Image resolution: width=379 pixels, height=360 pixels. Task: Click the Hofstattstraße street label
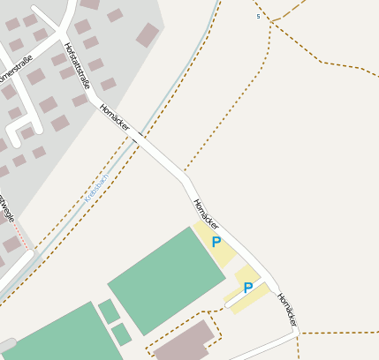(77, 65)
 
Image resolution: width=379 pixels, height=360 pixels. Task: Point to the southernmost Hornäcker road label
(287, 311)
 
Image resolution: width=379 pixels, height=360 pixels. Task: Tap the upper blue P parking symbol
(216, 242)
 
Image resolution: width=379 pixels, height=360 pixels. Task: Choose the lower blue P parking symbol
(248, 288)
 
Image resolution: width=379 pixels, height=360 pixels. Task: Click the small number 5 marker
(258, 16)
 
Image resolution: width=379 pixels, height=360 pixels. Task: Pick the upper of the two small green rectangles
(109, 311)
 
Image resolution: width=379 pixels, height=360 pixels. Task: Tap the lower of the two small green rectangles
(121, 334)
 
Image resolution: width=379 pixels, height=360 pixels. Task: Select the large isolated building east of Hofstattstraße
(148, 34)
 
